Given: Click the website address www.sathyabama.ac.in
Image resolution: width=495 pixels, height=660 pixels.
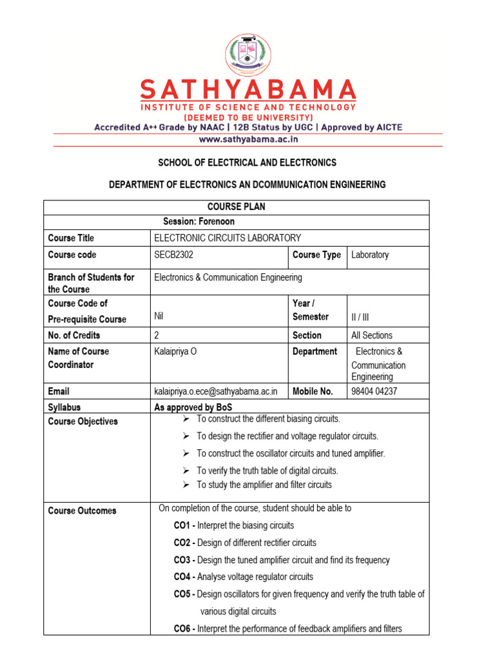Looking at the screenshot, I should click(x=247, y=139).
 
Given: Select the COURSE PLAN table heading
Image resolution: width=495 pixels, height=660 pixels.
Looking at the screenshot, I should click(x=236, y=207).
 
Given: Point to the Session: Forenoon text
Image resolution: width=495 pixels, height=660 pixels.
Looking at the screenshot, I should click(x=199, y=222).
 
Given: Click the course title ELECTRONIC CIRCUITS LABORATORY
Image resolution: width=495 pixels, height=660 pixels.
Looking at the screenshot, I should click(x=228, y=238).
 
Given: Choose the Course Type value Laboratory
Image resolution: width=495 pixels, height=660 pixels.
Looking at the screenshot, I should click(x=370, y=255).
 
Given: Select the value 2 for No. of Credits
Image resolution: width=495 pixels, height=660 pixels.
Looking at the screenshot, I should click(x=157, y=335).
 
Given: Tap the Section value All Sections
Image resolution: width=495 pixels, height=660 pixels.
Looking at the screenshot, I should click(x=372, y=335).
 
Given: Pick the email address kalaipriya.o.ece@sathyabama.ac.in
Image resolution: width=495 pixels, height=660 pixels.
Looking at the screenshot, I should click(x=216, y=391).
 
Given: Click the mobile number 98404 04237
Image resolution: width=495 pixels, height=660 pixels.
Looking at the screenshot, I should click(x=374, y=391).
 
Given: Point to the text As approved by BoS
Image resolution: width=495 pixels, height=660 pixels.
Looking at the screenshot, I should click(x=193, y=407).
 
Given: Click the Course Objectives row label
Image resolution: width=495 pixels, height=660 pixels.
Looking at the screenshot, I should click(x=83, y=422).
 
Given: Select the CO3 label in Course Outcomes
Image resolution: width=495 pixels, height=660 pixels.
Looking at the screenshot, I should click(x=184, y=560).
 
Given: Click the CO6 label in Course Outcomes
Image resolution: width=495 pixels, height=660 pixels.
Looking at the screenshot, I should click(x=184, y=628).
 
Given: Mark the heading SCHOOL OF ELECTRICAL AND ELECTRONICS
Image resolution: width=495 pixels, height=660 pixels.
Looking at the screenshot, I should click(x=247, y=162).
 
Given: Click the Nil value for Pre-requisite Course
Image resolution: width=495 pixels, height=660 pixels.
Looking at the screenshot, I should click(x=160, y=316).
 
